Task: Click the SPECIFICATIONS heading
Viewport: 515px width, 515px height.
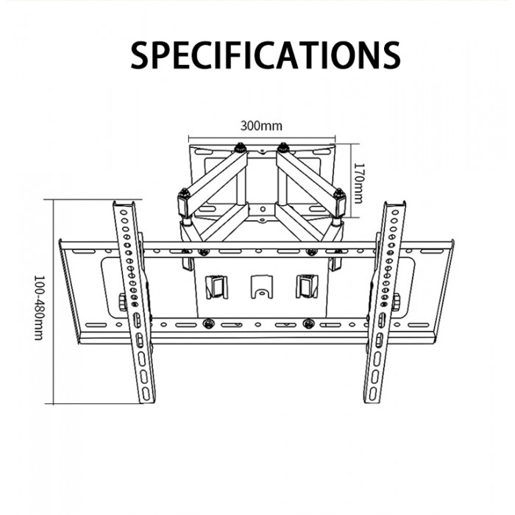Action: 266,55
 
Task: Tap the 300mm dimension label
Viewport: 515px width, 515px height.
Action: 261,126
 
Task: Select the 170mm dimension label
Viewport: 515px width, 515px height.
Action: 358,183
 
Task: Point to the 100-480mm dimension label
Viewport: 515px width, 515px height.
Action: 39,308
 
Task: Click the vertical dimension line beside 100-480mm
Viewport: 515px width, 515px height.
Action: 53,302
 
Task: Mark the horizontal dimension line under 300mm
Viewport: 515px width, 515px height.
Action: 262,138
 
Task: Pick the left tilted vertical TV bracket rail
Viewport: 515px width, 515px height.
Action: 134,302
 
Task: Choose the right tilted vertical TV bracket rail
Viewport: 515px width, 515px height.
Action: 385,302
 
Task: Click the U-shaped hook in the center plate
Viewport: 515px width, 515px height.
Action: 262,287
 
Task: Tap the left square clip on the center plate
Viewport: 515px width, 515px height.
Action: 216,287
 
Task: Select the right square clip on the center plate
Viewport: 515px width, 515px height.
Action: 307,287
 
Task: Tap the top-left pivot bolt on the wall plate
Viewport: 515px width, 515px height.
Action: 241,148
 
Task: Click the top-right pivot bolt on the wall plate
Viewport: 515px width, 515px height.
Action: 283,148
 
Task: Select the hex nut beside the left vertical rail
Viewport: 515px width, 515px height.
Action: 123,302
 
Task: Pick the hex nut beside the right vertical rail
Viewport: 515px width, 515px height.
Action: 396,302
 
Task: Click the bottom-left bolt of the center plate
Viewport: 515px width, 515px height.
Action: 207,324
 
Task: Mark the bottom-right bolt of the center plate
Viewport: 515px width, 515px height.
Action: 308,324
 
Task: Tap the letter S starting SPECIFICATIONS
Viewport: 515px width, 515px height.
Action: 140,55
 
